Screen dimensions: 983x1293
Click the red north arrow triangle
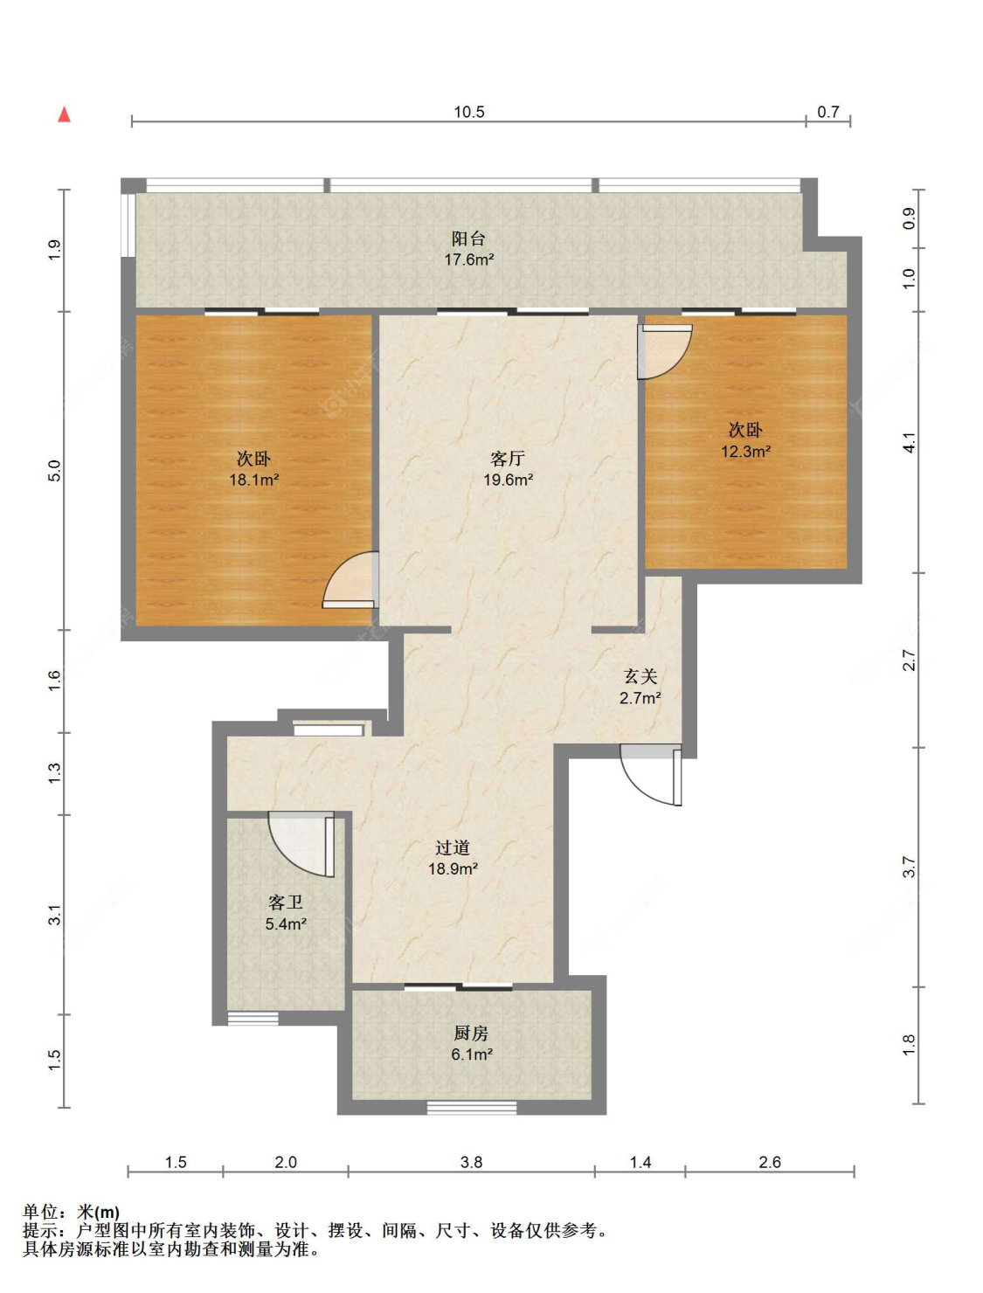click(x=64, y=114)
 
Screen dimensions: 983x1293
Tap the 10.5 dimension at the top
click(x=469, y=112)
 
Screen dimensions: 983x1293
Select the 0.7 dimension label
click(x=827, y=112)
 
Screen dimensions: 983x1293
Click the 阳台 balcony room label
click(x=469, y=239)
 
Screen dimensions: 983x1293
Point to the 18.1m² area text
click(x=254, y=480)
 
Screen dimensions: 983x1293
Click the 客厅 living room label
click(x=508, y=459)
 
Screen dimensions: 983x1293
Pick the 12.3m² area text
click(x=746, y=451)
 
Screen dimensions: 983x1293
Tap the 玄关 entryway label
click(x=640, y=676)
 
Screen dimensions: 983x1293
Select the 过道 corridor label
click(x=453, y=847)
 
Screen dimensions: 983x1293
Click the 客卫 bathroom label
click(x=286, y=902)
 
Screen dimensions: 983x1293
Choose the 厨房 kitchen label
click(x=471, y=1033)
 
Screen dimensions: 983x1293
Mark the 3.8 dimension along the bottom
click(x=471, y=1162)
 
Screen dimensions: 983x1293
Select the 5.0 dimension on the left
click(x=54, y=471)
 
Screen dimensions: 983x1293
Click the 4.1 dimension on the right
click(x=910, y=442)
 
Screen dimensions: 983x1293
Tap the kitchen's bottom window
click(x=472, y=1108)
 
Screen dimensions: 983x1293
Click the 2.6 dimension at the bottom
click(x=770, y=1162)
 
